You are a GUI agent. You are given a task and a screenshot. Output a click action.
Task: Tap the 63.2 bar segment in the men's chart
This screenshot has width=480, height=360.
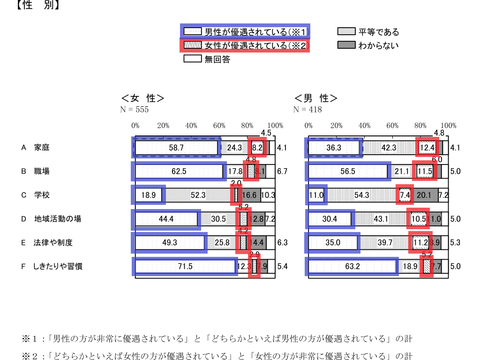[352, 267]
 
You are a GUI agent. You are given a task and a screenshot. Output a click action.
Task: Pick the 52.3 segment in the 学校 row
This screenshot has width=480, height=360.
[198, 195]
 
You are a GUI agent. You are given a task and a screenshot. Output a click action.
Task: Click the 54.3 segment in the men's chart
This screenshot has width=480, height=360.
[362, 195]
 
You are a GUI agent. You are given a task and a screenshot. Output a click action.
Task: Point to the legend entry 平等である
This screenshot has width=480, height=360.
[368, 32]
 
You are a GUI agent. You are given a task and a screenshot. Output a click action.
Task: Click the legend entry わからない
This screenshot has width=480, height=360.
[368, 45]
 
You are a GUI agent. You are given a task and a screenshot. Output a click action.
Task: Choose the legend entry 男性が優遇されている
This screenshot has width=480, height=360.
[245, 32]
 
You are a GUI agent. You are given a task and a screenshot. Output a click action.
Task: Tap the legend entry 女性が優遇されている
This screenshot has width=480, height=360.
[245, 45]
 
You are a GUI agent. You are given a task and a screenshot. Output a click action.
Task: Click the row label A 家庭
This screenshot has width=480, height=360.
[35, 148]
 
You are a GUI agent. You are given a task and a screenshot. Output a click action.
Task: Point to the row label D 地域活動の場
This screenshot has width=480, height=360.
[51, 219]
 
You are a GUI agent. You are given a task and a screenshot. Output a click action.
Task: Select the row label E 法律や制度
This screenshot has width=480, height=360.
[47, 243]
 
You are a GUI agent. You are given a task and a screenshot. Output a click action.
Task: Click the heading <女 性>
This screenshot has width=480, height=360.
[142, 98]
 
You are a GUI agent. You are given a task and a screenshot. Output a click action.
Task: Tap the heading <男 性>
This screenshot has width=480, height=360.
[315, 98]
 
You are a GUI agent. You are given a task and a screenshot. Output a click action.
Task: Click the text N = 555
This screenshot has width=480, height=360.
[135, 110]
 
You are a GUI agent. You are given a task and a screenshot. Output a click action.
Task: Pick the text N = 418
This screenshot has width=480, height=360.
[307, 110]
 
